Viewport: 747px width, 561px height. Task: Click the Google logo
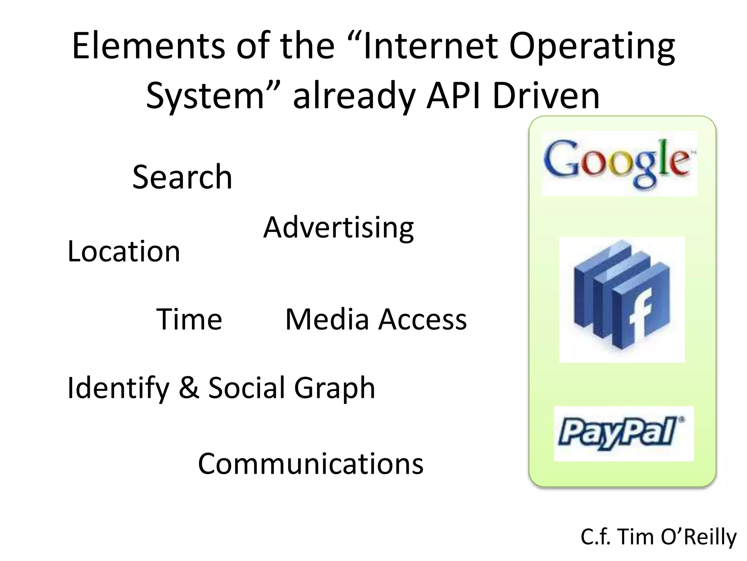[619, 163]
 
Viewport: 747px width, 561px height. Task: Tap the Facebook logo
[622, 299]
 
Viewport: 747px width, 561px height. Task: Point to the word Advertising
[338, 228]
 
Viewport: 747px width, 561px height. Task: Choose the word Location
[124, 252]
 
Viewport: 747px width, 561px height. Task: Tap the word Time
[189, 319]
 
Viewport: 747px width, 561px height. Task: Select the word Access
[423, 319]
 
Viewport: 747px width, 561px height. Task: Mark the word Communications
[310, 463]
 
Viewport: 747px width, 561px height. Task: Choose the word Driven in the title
[546, 96]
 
